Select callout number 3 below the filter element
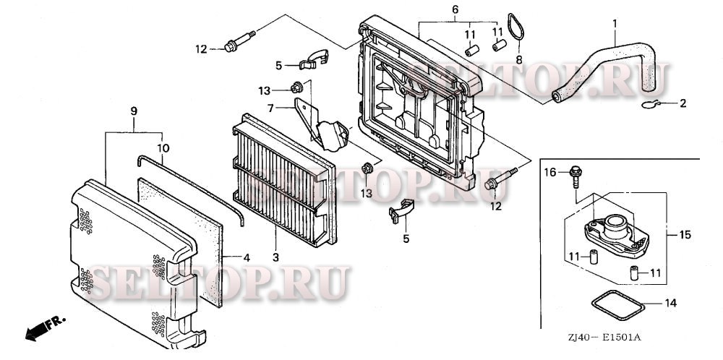click(275, 257)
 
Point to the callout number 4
click(247, 257)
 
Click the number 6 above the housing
click(455, 9)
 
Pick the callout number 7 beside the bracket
click(270, 108)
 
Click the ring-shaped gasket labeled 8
click(516, 27)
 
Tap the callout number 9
click(134, 111)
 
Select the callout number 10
click(163, 148)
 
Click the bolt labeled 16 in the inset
click(575, 176)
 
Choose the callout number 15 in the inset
click(685, 235)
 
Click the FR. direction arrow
click(45, 327)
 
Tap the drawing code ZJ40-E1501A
click(604, 337)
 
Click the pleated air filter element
click(285, 180)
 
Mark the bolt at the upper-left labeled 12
click(240, 41)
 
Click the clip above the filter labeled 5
click(314, 59)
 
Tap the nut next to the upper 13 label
click(296, 87)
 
